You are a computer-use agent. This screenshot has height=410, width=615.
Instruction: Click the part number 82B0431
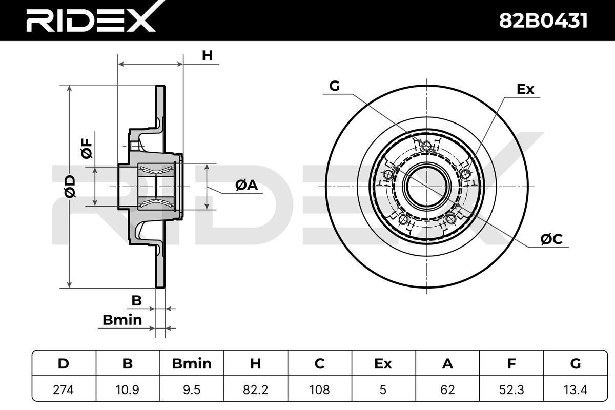pos(543,20)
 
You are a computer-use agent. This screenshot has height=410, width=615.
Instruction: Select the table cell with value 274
pos(64,389)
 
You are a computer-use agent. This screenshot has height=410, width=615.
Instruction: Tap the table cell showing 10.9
pos(128,389)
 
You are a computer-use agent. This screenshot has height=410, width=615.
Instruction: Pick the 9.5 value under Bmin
pos(192,389)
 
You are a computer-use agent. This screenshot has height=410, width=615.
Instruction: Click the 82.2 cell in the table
pos(256,389)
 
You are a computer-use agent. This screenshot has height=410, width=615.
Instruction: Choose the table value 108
pos(320,389)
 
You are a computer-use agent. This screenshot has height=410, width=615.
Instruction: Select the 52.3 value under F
pos(511,389)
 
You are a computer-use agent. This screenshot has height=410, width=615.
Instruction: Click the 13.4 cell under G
pos(576,389)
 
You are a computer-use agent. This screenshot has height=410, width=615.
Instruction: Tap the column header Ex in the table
pos(383,363)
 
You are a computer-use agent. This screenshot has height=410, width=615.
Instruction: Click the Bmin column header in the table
pos(192,363)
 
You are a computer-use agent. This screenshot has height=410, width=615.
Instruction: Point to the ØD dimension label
pos(70,186)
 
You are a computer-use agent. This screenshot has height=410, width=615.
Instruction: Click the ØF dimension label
pos(87,148)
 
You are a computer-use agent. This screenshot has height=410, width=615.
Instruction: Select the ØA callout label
pos(247,185)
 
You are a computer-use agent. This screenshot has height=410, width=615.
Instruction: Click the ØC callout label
pos(551,239)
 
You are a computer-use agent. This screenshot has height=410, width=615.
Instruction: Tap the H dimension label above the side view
pos(207,56)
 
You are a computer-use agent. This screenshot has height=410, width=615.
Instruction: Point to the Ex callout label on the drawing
pos(525,89)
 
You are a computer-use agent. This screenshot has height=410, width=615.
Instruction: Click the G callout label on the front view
pos(334,86)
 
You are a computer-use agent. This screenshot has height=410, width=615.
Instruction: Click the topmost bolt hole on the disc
pos(426,146)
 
